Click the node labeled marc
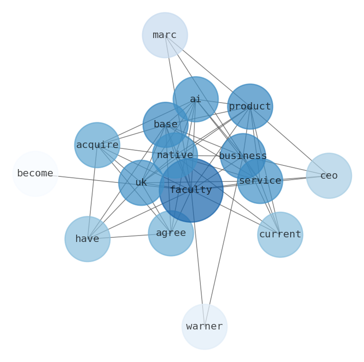pos(165,35)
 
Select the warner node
pos(204,327)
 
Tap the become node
pos(35,174)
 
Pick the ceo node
pos(329,176)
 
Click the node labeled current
pos(280,235)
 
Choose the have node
pos(87,239)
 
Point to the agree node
pos(171,233)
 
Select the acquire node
pos(97,145)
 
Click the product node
pos(250,106)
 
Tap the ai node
pos(195,99)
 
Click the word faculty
pos(191,190)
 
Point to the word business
pos(243,156)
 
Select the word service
pos(260,181)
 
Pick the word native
pos(175,155)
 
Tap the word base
pos(165,124)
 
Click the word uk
pos(141,182)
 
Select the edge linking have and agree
pos(128,236)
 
